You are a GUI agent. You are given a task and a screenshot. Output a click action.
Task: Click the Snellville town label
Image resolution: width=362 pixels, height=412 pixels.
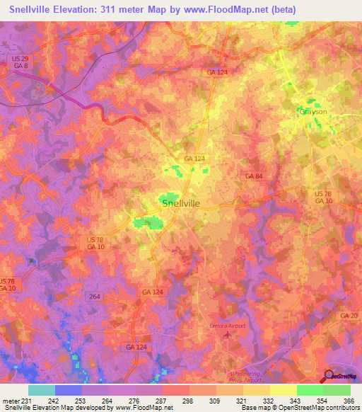(181, 203)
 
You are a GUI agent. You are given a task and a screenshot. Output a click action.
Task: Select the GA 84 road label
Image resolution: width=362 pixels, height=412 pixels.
(254, 175)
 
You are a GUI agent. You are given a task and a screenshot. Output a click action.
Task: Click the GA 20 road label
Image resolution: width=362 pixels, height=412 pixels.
(349, 315)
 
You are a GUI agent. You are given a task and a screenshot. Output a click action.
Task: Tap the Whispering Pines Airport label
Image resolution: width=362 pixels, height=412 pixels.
(245, 377)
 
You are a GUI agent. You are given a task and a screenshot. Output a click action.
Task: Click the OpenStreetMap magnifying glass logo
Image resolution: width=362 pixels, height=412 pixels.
(329, 376)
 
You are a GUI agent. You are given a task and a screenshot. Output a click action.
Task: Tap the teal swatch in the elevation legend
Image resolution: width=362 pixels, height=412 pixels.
(42, 390)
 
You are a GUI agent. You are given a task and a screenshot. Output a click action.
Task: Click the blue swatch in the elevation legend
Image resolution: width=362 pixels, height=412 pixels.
(69, 390)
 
